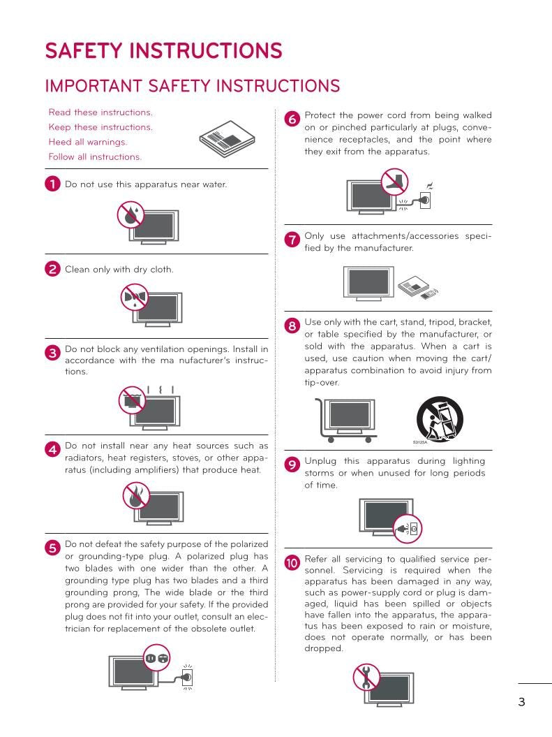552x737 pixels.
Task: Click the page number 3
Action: coord(521,702)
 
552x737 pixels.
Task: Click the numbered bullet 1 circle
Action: coord(52,184)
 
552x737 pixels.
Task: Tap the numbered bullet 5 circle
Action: coord(52,548)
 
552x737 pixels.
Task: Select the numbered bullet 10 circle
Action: coord(292,562)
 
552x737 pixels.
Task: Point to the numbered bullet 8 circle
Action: coord(292,326)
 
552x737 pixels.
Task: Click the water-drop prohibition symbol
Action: coord(130,215)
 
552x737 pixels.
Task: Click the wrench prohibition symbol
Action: coord(366,676)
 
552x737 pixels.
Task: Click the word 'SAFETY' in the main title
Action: coord(89,51)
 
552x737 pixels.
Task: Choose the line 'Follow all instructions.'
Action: coord(95,156)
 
